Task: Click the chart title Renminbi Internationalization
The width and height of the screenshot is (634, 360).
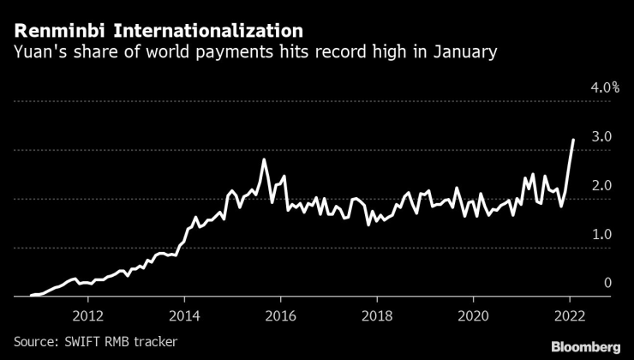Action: pos(158,32)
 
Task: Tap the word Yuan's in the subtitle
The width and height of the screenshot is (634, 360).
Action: pos(38,53)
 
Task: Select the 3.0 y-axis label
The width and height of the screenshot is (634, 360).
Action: pos(601,137)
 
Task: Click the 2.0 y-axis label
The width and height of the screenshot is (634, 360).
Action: pos(601,186)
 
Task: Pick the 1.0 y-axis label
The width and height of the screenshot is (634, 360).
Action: pos(601,235)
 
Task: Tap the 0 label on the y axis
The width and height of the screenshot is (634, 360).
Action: pos(607,284)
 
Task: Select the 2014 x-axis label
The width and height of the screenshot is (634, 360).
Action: pos(183,314)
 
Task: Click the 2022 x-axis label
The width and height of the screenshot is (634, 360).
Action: pos(570,314)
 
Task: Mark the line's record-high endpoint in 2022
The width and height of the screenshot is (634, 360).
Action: pos(573,140)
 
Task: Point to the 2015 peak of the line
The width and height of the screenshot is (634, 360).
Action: pos(264,160)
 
